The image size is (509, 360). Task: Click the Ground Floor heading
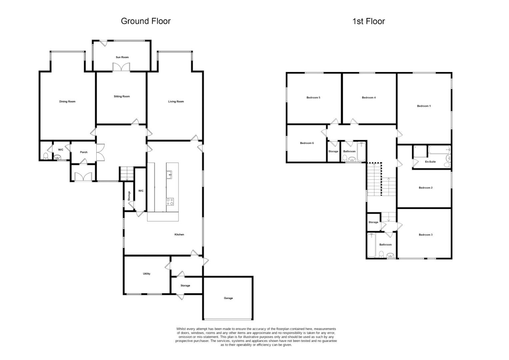pyautogui.click(x=146, y=21)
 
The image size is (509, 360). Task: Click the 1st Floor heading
pyautogui.click(x=368, y=21)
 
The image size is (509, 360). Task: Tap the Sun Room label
pyautogui.click(x=122, y=57)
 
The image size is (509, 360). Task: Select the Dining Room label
pyautogui.click(x=67, y=102)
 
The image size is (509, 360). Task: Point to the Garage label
pyautogui.click(x=228, y=298)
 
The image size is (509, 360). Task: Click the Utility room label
pyautogui.click(x=147, y=274)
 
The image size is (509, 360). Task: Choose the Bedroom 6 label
pyautogui.click(x=307, y=143)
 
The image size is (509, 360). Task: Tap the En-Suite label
pyautogui.click(x=430, y=162)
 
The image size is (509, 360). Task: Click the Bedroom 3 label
pyautogui.click(x=426, y=235)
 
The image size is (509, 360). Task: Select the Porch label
pyautogui.click(x=84, y=152)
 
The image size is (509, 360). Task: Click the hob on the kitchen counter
pyautogui.click(x=170, y=202)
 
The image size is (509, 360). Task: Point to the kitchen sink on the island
pyautogui.click(x=169, y=175)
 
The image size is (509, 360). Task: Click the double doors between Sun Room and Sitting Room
pyautogui.click(x=121, y=68)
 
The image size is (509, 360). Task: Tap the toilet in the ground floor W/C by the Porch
pyautogui.click(x=46, y=156)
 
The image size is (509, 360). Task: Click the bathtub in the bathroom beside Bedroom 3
pyautogui.click(x=372, y=245)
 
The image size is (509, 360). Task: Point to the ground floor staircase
pyautogui.click(x=127, y=174)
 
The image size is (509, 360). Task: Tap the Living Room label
pyautogui.click(x=176, y=102)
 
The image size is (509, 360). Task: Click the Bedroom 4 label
pyautogui.click(x=368, y=98)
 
